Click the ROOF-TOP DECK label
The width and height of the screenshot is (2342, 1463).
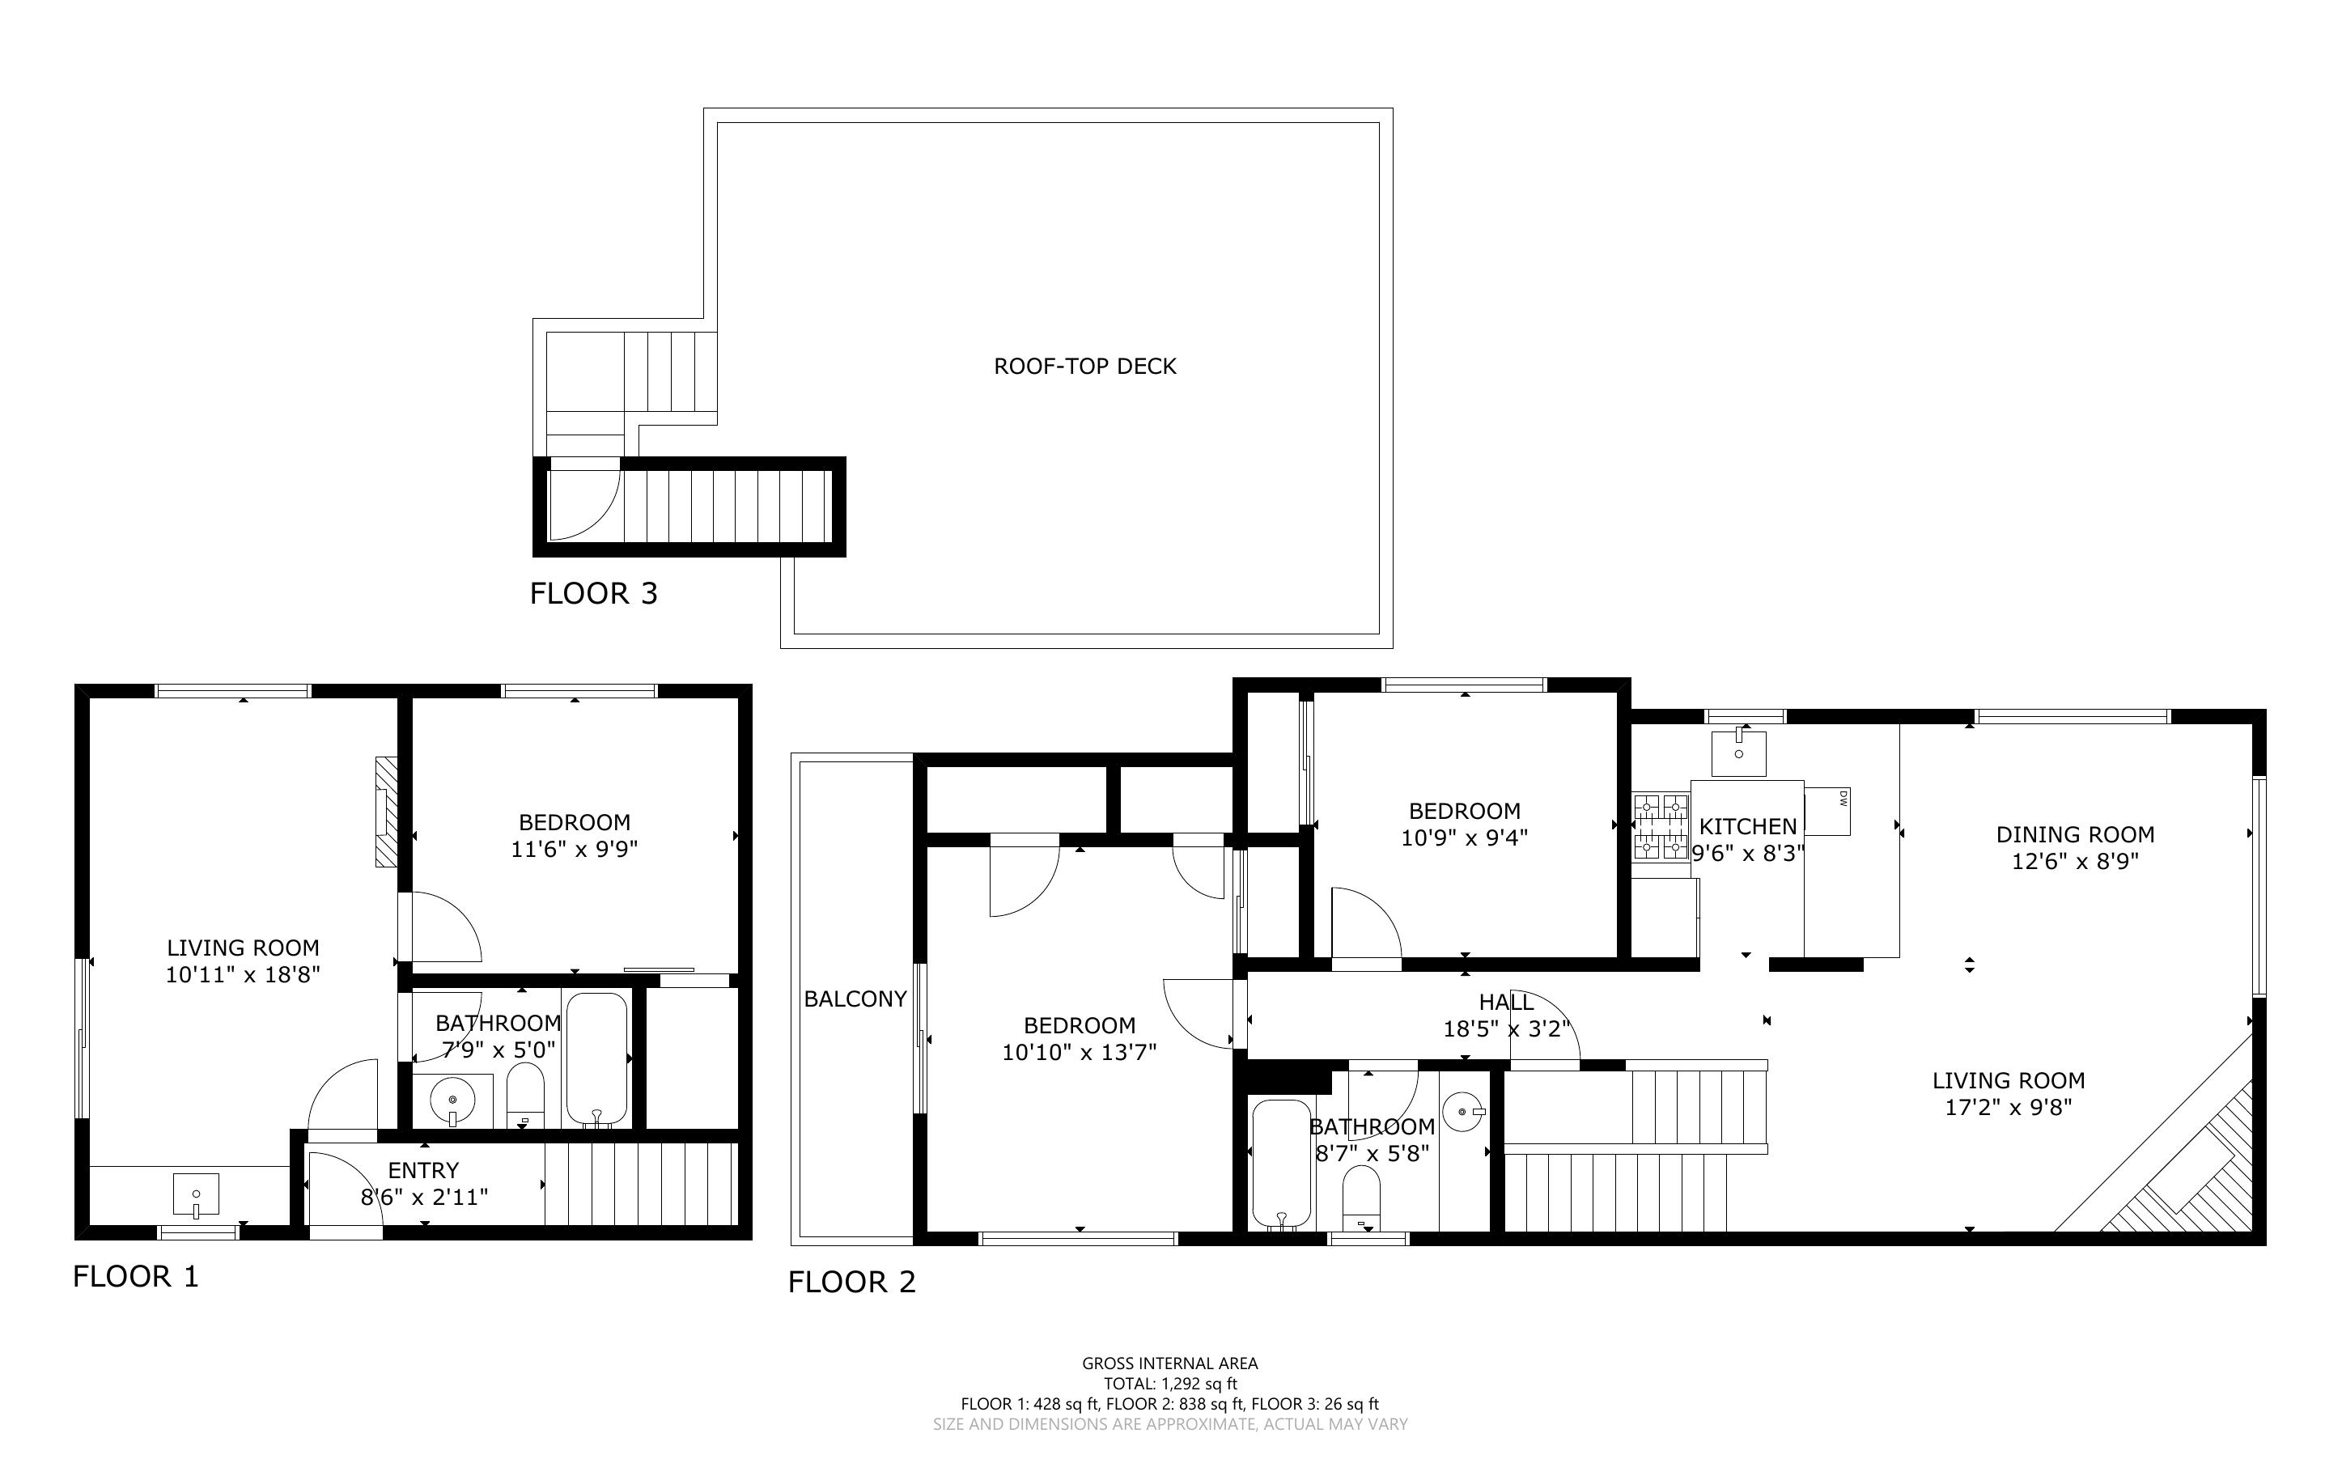pyautogui.click(x=1084, y=366)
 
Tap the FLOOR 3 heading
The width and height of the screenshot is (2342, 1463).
pyautogui.click(x=593, y=593)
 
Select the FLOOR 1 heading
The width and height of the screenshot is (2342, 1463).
pyautogui.click(x=135, y=1276)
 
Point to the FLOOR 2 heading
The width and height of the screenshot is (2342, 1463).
pyautogui.click(x=851, y=1282)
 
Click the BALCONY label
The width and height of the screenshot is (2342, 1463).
pyautogui.click(x=855, y=999)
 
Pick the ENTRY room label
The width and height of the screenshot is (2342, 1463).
pyautogui.click(x=424, y=1170)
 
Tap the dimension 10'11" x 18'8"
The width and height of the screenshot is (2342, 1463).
pyautogui.click(x=243, y=974)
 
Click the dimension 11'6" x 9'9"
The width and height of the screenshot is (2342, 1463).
pyautogui.click(x=575, y=850)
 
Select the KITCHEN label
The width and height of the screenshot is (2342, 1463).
pyautogui.click(x=1748, y=826)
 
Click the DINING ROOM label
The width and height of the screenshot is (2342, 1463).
pyautogui.click(x=2075, y=834)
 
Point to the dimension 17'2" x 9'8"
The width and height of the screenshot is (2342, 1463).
pyautogui.click(x=2009, y=1107)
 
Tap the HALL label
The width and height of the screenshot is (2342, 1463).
pyautogui.click(x=1506, y=1003)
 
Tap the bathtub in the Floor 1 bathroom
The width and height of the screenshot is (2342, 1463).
pyautogui.click(x=597, y=1058)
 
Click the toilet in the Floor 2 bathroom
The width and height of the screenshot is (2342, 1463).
pyautogui.click(x=1362, y=1199)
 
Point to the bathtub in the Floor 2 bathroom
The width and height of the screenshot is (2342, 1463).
pyautogui.click(x=1282, y=1165)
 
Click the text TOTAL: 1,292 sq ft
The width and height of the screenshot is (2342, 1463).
pyautogui.click(x=1170, y=1384)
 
